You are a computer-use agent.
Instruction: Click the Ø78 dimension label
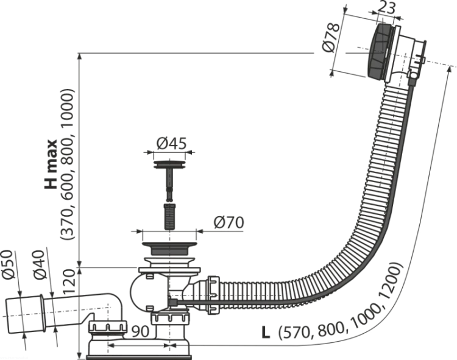point(331,38)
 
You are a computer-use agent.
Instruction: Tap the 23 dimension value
point(386,8)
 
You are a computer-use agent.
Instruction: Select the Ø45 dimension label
point(171,143)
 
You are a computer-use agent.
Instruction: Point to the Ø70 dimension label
point(228,223)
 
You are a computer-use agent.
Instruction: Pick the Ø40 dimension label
point(40,265)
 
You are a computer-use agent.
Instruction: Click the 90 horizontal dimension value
point(141,331)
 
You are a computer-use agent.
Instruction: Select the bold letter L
point(266,333)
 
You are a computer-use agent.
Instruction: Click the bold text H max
point(51,164)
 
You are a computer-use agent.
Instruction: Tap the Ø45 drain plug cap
point(169,164)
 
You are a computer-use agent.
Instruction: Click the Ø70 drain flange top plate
point(169,244)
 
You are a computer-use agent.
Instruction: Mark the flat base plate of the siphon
point(139,357)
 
